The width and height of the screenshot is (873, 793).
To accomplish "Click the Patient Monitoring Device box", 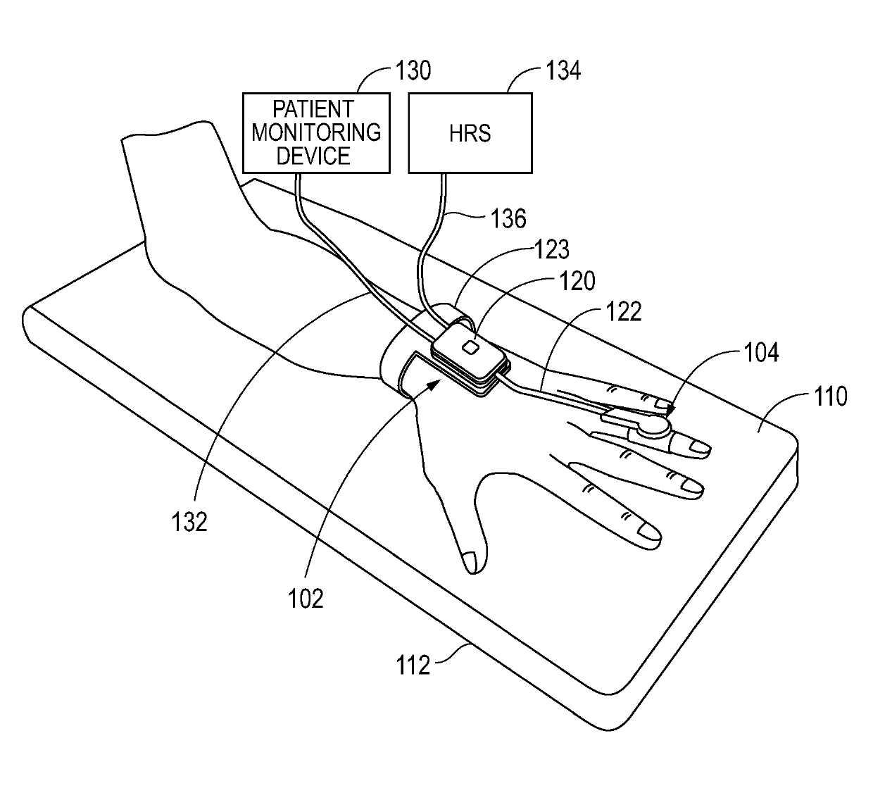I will click(315, 132).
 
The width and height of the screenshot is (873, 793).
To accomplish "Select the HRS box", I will click(470, 132).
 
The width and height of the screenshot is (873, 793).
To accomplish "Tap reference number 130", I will click(413, 71).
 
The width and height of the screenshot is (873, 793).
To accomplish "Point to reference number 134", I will click(563, 71).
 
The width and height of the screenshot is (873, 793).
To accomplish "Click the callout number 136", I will click(508, 218).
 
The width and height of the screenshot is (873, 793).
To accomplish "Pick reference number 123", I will click(552, 250).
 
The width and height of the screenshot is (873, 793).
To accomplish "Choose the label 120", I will click(577, 281).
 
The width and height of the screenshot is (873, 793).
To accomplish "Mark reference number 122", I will click(624, 311).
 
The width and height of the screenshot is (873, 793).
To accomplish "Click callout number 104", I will click(761, 351).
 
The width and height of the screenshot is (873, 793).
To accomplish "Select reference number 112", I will click(413, 664).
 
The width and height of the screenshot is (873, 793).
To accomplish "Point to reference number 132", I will click(189, 522).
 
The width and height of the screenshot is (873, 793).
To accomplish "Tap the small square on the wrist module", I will click(470, 346).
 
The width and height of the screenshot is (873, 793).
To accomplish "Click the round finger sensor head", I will click(654, 425).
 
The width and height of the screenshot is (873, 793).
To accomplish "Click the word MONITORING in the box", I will click(315, 132).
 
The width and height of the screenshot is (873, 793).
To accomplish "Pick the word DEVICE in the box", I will click(313, 156).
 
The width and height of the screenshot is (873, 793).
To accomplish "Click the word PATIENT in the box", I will click(313, 109).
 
